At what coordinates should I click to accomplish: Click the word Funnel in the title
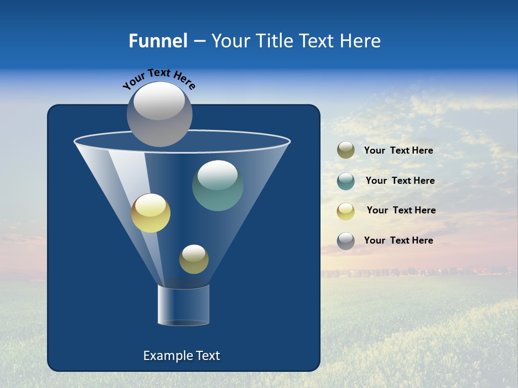[x=158, y=41]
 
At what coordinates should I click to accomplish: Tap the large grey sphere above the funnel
[x=159, y=114]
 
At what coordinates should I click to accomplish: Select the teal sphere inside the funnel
[x=217, y=185]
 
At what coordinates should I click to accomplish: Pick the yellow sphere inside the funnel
[x=151, y=213]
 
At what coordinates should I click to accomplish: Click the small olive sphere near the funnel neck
[x=194, y=259]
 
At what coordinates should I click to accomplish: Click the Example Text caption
[x=181, y=356]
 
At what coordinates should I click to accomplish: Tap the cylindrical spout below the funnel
[x=183, y=305]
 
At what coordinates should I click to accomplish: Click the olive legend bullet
[x=346, y=150]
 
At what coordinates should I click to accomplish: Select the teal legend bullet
[x=346, y=181]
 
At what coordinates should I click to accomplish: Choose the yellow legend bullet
[x=346, y=211]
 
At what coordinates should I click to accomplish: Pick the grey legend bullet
[x=346, y=241]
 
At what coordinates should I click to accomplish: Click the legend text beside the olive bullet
[x=398, y=151]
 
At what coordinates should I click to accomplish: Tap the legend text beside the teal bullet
[x=400, y=181]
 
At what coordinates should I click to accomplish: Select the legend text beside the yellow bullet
[x=401, y=211]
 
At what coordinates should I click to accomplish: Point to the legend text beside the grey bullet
[x=398, y=241]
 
